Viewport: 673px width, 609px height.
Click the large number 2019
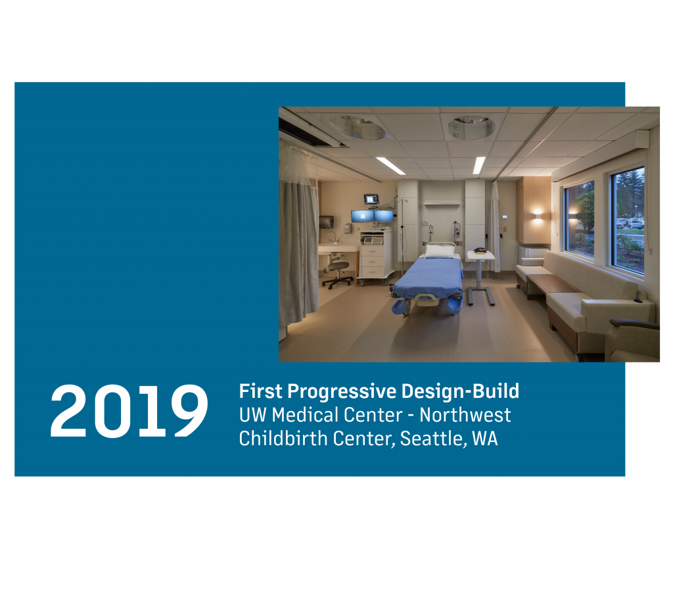129,411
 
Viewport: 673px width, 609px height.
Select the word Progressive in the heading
342,392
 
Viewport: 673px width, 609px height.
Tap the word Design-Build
460,391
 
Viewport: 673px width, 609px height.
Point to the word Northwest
465,415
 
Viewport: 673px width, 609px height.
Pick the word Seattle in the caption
434,439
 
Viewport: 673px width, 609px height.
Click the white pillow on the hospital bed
440,250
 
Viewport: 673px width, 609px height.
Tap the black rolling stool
337,274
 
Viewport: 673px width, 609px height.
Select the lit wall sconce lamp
536,214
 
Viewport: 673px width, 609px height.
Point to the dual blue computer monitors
372,216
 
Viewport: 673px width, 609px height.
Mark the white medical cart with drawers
377,258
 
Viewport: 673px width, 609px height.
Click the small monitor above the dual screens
371,199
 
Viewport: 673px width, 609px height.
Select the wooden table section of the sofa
552,284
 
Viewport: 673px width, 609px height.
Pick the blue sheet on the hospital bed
429,277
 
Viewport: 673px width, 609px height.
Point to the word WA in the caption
485,439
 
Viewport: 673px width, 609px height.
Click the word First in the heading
260,391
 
